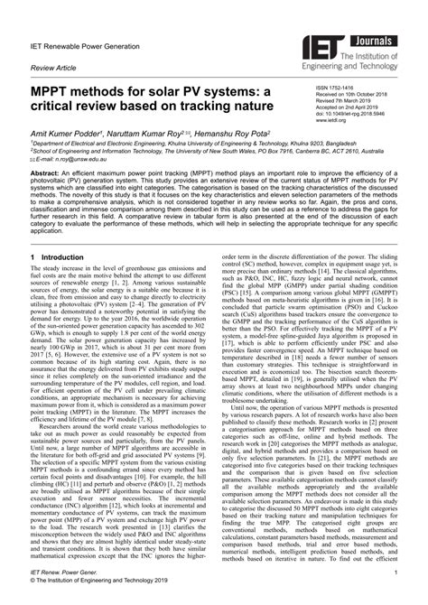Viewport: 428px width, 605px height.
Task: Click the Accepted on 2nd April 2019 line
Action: coord(354,105)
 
